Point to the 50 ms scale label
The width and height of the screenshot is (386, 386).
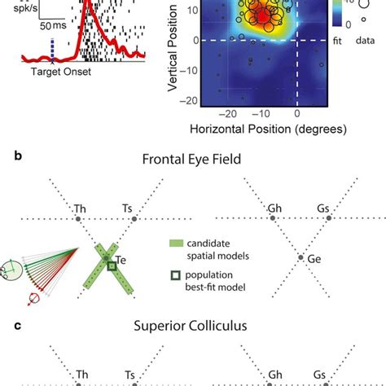click(55, 25)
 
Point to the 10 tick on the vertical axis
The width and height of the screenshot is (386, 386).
click(194, 10)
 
